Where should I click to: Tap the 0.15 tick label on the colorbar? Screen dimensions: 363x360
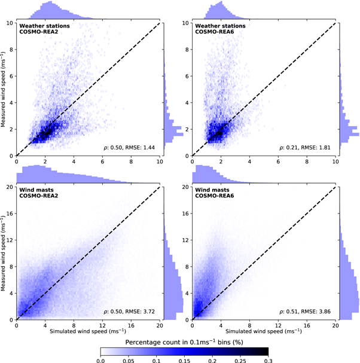[184, 359]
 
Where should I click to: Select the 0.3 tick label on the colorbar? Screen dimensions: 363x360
[267, 359]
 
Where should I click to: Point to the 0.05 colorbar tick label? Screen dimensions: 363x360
[127, 359]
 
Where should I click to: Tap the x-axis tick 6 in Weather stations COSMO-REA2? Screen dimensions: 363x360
[102, 162]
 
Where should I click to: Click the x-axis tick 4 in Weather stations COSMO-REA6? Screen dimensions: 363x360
[250, 162]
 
